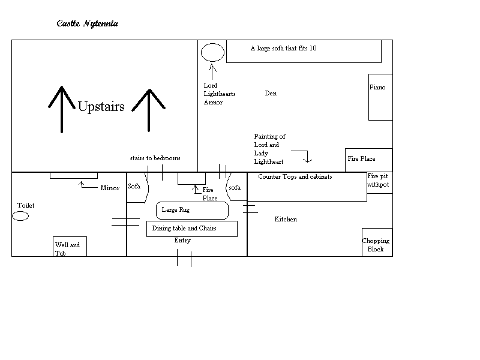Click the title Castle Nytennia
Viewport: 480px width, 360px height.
pyautogui.click(x=88, y=24)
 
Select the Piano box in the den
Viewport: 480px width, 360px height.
pyautogui.click(x=380, y=97)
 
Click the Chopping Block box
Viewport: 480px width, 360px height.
pyautogui.click(x=377, y=242)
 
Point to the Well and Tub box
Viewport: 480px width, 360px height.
pyautogui.click(x=70, y=247)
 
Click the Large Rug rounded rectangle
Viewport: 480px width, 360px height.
pyautogui.click(x=193, y=211)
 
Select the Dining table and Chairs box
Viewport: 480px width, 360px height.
pyautogui.click(x=192, y=229)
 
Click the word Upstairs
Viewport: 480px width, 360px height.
pyautogui.click(x=101, y=107)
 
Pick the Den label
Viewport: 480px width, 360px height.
pyautogui.click(x=271, y=94)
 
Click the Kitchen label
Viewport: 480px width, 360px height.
pyautogui.click(x=286, y=220)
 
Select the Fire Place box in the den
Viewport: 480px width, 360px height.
pyautogui.click(x=368, y=160)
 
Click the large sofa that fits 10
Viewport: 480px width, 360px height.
pyautogui.click(x=304, y=51)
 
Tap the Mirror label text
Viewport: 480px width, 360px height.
pyautogui.click(x=110, y=188)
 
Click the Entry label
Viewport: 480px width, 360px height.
pyautogui.click(x=182, y=241)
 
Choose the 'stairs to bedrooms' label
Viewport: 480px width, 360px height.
pyautogui.click(x=155, y=158)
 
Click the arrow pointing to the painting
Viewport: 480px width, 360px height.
pyautogui.click(x=307, y=157)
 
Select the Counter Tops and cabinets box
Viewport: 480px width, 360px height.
pyautogui.click(x=307, y=187)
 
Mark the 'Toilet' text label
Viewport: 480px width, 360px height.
pyautogui.click(x=26, y=206)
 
